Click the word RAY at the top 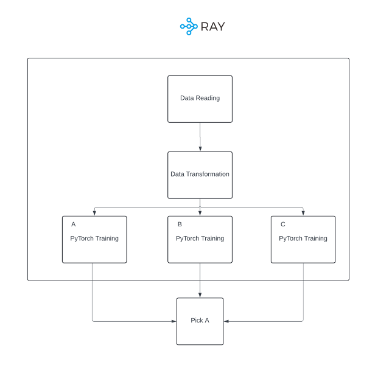pos(212,27)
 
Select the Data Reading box pos(200,99)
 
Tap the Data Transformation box pos(200,175)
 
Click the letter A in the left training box pos(74,225)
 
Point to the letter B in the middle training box pos(180,225)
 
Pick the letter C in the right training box pos(282,225)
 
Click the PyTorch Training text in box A pos(94,238)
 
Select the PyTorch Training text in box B pos(200,238)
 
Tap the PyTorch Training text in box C pos(303,238)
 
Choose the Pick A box pos(200,321)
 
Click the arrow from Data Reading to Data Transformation pos(200,137)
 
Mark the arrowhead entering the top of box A pos(94,213)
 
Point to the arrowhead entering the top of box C pos(303,213)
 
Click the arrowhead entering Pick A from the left pos(173,321)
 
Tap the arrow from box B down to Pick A pos(200,280)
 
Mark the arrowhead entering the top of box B pos(200,213)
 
